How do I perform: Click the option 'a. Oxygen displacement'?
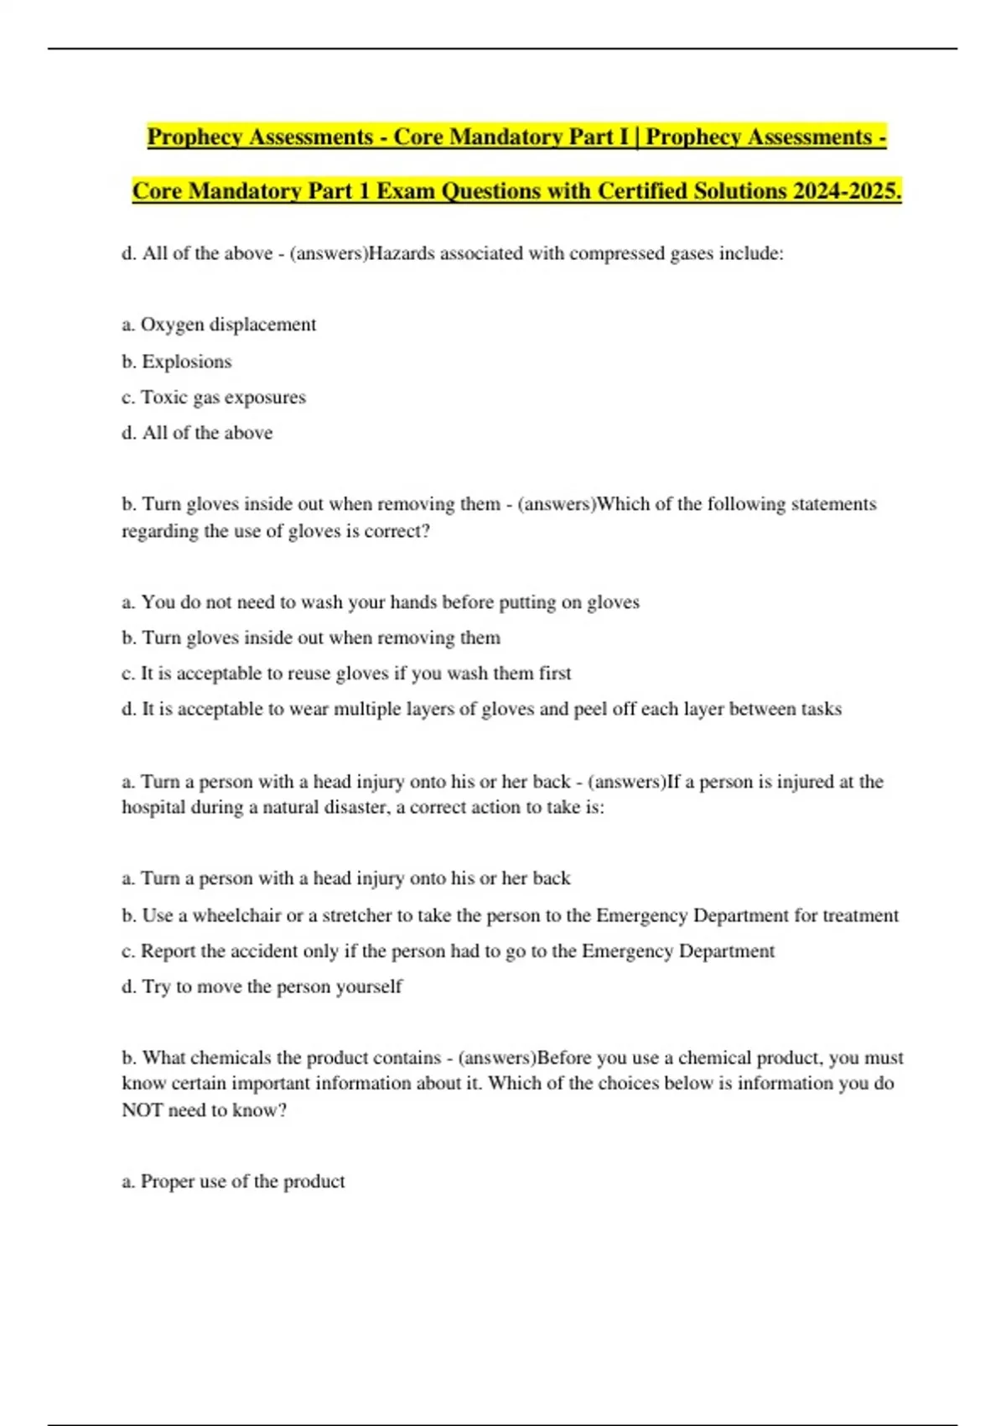(219, 325)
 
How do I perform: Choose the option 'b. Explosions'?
(176, 362)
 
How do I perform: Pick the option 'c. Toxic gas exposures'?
(214, 398)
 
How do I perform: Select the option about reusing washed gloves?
(346, 674)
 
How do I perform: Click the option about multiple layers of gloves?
(481, 710)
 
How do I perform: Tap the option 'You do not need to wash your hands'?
(380, 602)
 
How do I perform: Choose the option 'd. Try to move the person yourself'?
(262, 986)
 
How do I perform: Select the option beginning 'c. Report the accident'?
(448, 951)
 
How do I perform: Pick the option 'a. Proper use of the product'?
(233, 1181)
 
